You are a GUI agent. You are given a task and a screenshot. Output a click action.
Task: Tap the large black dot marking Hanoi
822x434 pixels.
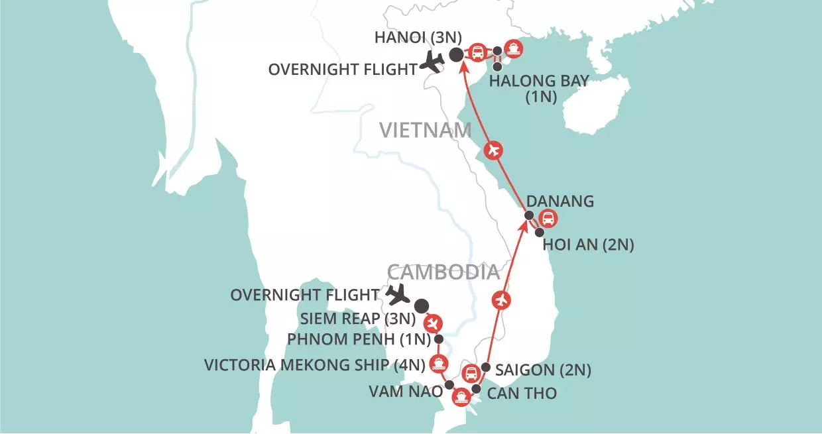[x=456, y=55]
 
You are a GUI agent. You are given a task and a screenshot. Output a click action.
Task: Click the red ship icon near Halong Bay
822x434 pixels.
[x=512, y=48]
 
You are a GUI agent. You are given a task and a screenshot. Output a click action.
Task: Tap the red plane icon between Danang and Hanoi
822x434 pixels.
[x=491, y=151]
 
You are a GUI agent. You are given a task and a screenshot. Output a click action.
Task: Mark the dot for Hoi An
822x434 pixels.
[x=539, y=233]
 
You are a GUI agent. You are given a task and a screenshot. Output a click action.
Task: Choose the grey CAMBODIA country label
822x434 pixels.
[x=442, y=272]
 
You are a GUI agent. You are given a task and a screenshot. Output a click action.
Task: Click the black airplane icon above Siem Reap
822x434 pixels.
[x=399, y=294]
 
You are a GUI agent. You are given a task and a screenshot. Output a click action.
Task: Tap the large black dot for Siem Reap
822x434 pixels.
[x=421, y=305]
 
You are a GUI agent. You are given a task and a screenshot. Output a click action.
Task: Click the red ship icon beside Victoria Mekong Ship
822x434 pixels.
[x=438, y=362]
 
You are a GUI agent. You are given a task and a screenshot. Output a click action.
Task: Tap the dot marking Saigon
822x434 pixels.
[x=485, y=367]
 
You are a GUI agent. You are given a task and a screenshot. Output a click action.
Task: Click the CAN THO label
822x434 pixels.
[x=522, y=394]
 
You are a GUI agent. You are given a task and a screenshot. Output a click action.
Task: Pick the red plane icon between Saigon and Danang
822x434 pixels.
[x=501, y=300]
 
